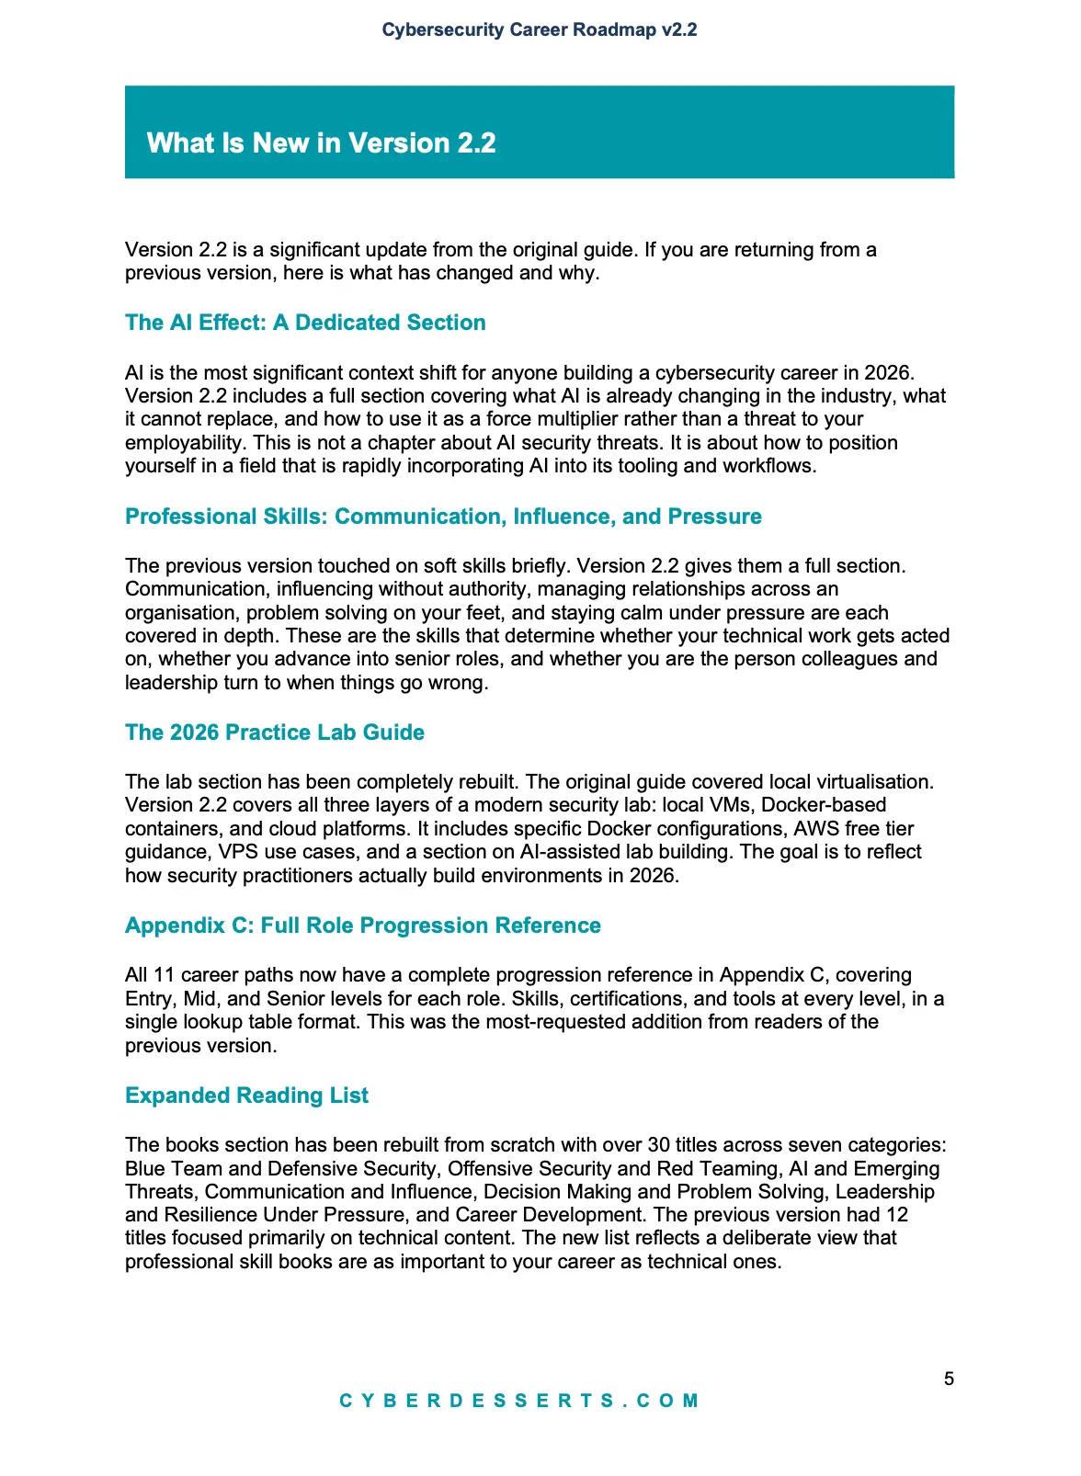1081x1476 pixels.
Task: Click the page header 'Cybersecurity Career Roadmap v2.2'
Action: coord(540,29)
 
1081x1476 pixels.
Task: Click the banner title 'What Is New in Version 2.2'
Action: coord(321,143)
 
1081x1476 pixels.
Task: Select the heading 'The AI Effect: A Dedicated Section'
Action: coord(305,323)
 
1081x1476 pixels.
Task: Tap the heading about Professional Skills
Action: coord(443,517)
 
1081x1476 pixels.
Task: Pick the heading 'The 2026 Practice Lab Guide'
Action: coord(275,732)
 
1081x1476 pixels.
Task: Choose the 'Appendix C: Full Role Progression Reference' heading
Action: coord(363,925)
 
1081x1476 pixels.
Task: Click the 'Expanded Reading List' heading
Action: coord(246,1096)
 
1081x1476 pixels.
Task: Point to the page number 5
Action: coord(949,1379)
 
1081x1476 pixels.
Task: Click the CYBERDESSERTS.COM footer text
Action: coord(519,1401)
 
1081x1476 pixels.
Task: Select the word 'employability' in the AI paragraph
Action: coord(184,443)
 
